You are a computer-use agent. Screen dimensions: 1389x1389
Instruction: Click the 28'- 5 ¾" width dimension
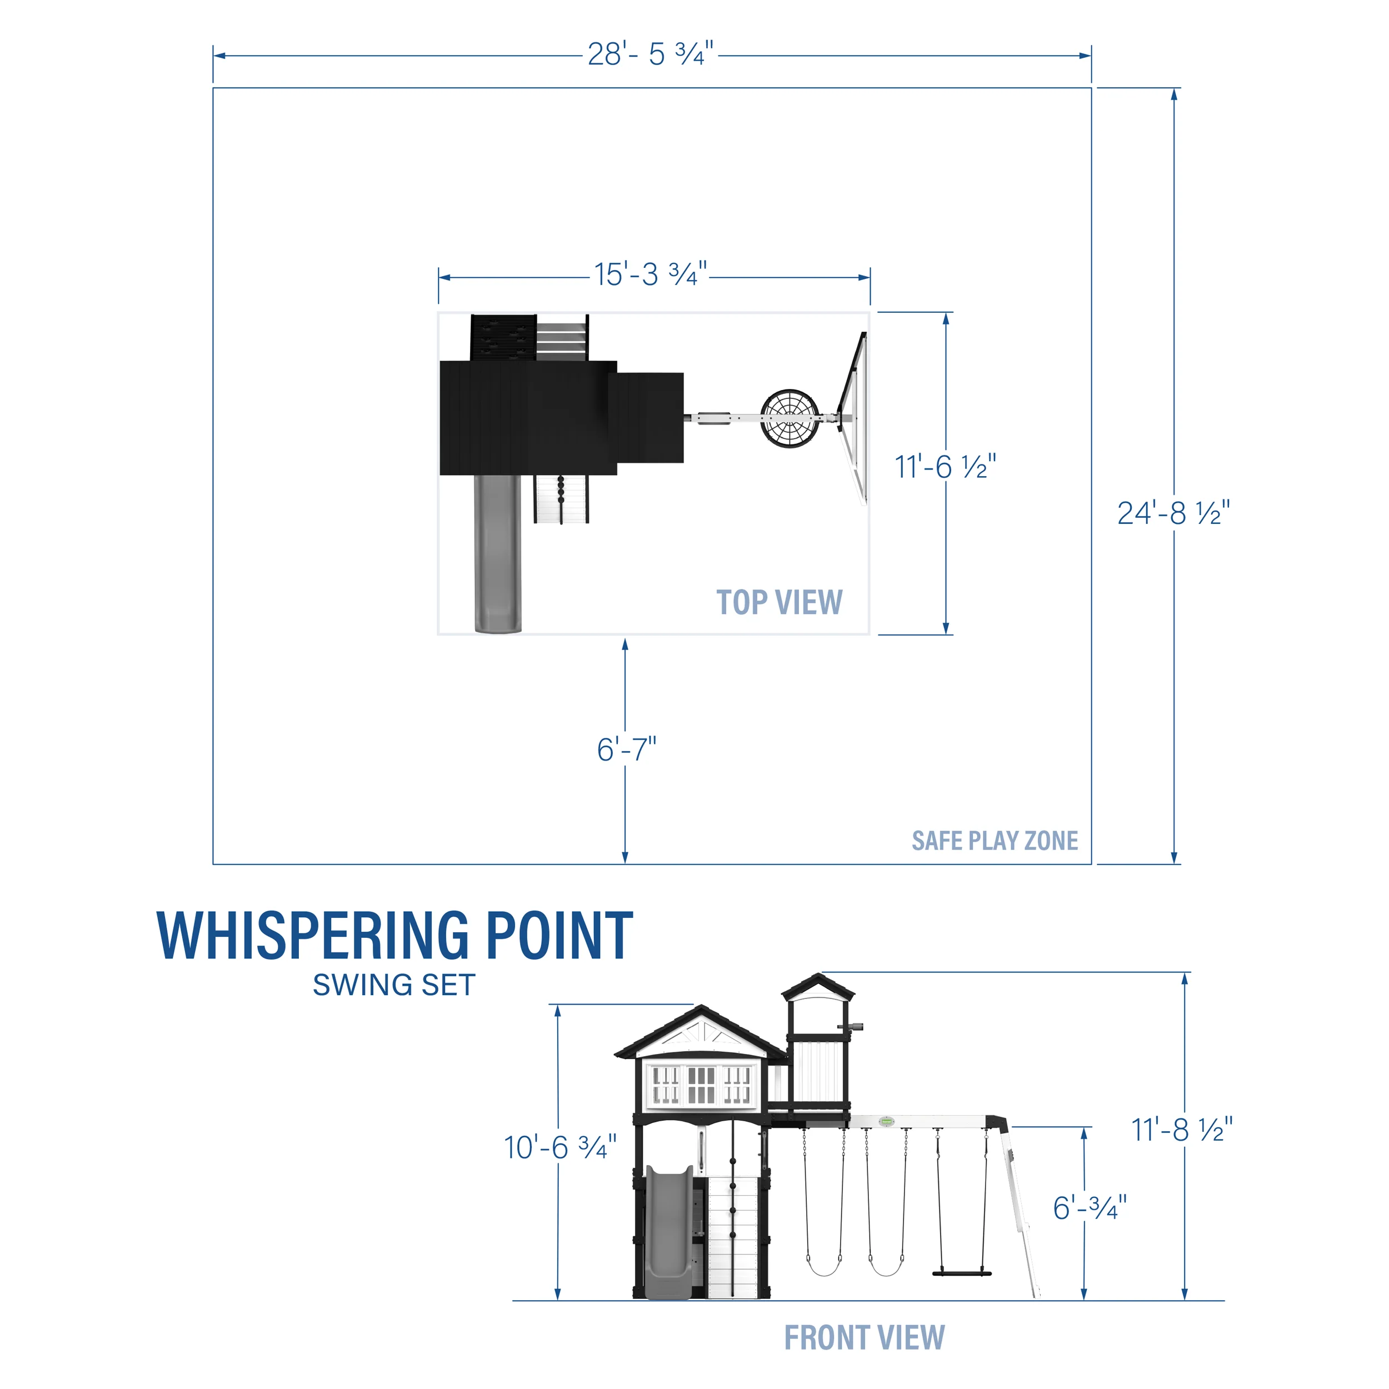click(650, 54)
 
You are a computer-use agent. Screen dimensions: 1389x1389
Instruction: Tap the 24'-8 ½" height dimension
click(1173, 513)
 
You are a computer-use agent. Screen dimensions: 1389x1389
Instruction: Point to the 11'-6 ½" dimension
click(945, 467)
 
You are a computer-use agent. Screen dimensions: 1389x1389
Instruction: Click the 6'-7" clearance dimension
click(626, 750)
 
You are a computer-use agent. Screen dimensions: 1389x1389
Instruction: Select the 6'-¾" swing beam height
click(1089, 1208)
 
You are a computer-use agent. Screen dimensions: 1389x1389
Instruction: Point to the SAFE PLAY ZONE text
click(995, 841)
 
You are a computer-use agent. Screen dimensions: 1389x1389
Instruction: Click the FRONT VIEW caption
click(863, 1338)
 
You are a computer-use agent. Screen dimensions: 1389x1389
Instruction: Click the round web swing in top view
click(790, 418)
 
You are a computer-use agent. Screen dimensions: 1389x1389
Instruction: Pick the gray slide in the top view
click(497, 553)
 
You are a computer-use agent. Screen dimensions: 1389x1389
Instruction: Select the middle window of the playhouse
click(701, 1085)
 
